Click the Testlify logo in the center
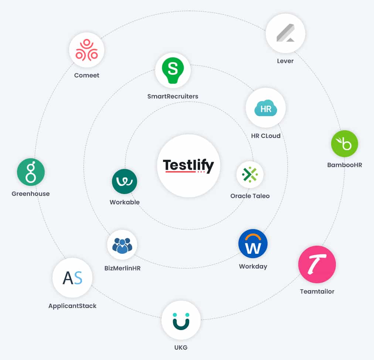(x=188, y=166)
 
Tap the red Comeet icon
(x=86, y=50)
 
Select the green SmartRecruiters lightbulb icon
(x=173, y=70)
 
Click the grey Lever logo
(x=286, y=33)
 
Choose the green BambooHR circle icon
(x=344, y=143)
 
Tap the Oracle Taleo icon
(x=250, y=174)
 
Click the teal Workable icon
(x=125, y=181)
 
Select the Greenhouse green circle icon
(x=31, y=172)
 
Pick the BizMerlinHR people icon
(x=122, y=245)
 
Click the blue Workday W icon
(x=253, y=243)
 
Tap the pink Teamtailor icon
(x=317, y=264)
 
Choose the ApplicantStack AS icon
(x=72, y=278)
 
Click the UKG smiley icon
(x=181, y=321)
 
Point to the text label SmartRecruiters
(x=173, y=96)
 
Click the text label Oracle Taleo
(x=250, y=196)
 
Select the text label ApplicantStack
(x=72, y=306)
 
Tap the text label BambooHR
(x=345, y=165)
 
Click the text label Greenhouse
(x=31, y=194)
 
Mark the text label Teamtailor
(x=317, y=291)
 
